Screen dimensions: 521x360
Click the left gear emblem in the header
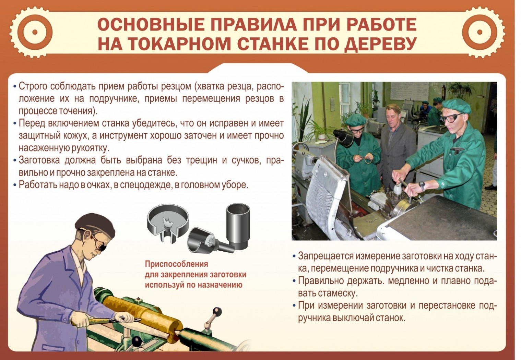tap(35, 32)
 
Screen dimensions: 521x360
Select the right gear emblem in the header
tap(479, 32)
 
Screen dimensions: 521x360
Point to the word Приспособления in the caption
tap(177, 265)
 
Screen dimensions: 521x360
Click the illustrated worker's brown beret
tap(95, 225)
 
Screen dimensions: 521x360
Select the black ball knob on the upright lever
tap(217, 311)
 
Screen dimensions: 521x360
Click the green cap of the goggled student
tap(456, 106)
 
